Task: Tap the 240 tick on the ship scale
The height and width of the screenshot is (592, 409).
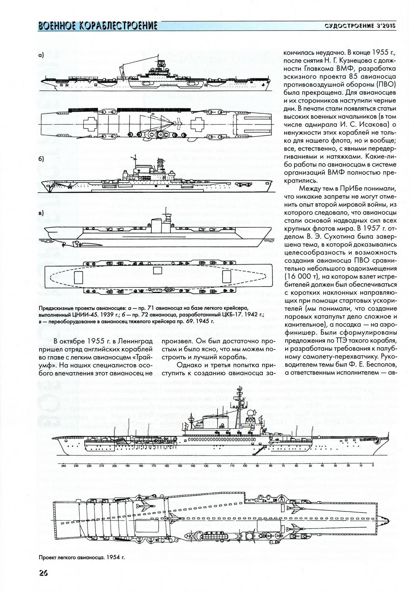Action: pos(63,466)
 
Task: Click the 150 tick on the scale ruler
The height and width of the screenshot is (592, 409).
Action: pos(180,466)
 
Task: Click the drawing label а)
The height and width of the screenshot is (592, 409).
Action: pos(41,55)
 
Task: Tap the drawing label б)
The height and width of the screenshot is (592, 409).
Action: pos(41,159)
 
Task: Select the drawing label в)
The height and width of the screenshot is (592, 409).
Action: pos(41,212)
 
